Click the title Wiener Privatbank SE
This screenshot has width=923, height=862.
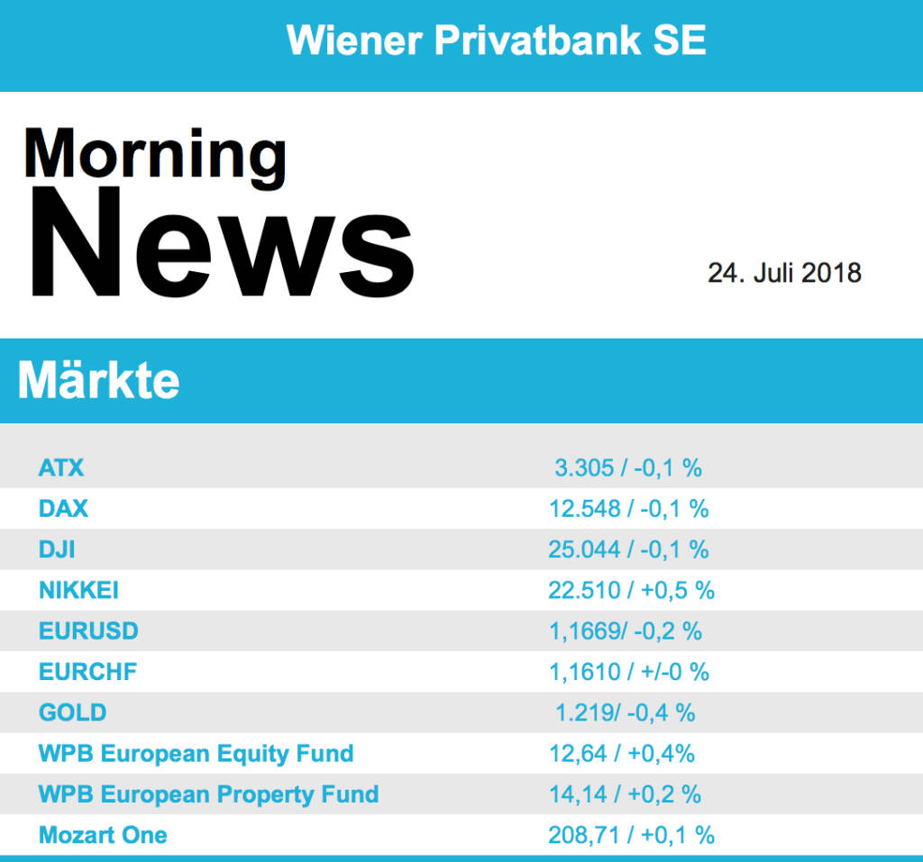point(496,41)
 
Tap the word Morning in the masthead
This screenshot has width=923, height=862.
point(155,155)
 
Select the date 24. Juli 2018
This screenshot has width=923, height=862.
point(783,272)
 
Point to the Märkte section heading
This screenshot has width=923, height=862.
point(98,382)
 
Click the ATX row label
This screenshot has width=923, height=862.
point(61,467)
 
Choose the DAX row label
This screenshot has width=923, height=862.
point(64,508)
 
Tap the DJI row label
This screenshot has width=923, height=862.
point(57,549)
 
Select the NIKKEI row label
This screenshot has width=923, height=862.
point(79,590)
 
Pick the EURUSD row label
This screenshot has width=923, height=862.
point(88,631)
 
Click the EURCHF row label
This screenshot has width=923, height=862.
point(88,672)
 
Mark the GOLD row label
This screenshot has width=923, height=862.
point(73,712)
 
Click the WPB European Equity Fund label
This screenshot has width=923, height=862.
point(196,753)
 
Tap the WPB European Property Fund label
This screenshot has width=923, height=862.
point(208,794)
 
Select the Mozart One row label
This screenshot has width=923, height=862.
point(103,835)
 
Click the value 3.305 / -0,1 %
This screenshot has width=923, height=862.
point(628,467)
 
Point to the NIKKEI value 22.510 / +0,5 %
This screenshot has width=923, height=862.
point(631,590)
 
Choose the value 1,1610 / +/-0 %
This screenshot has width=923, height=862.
point(629,672)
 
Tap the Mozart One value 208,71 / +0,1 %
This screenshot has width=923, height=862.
point(631,835)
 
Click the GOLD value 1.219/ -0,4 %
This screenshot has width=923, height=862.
point(626,712)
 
